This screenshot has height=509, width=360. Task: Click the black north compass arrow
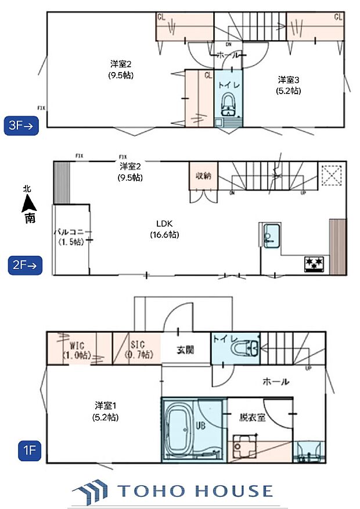27,204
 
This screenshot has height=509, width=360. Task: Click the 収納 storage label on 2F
203,175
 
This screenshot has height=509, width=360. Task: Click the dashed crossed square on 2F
332,175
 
